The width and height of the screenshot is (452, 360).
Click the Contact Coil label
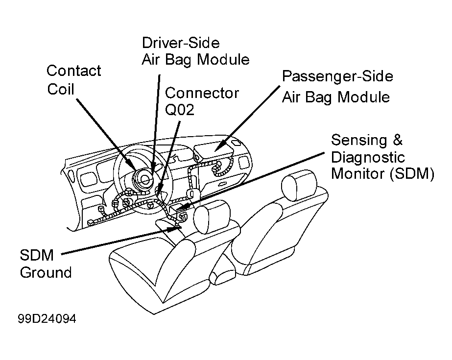[74, 80]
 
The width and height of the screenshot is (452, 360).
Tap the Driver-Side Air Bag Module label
[195, 51]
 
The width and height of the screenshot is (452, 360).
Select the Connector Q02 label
[202, 101]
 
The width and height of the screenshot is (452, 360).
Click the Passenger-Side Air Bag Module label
[337, 87]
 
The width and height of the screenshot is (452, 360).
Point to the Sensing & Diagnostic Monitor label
[382, 157]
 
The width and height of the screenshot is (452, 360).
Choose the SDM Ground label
[46, 264]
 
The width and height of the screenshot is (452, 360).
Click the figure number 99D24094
[47, 319]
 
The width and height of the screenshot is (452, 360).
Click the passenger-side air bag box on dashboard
[214, 151]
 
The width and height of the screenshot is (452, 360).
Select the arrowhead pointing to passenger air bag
[219, 145]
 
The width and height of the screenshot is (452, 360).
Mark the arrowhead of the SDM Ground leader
[175, 229]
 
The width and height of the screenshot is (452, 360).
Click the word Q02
[179, 110]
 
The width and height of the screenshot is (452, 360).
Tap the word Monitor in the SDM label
[358, 174]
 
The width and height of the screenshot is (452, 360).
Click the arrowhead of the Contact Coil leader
[132, 167]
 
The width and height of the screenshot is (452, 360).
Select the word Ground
[46, 272]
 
